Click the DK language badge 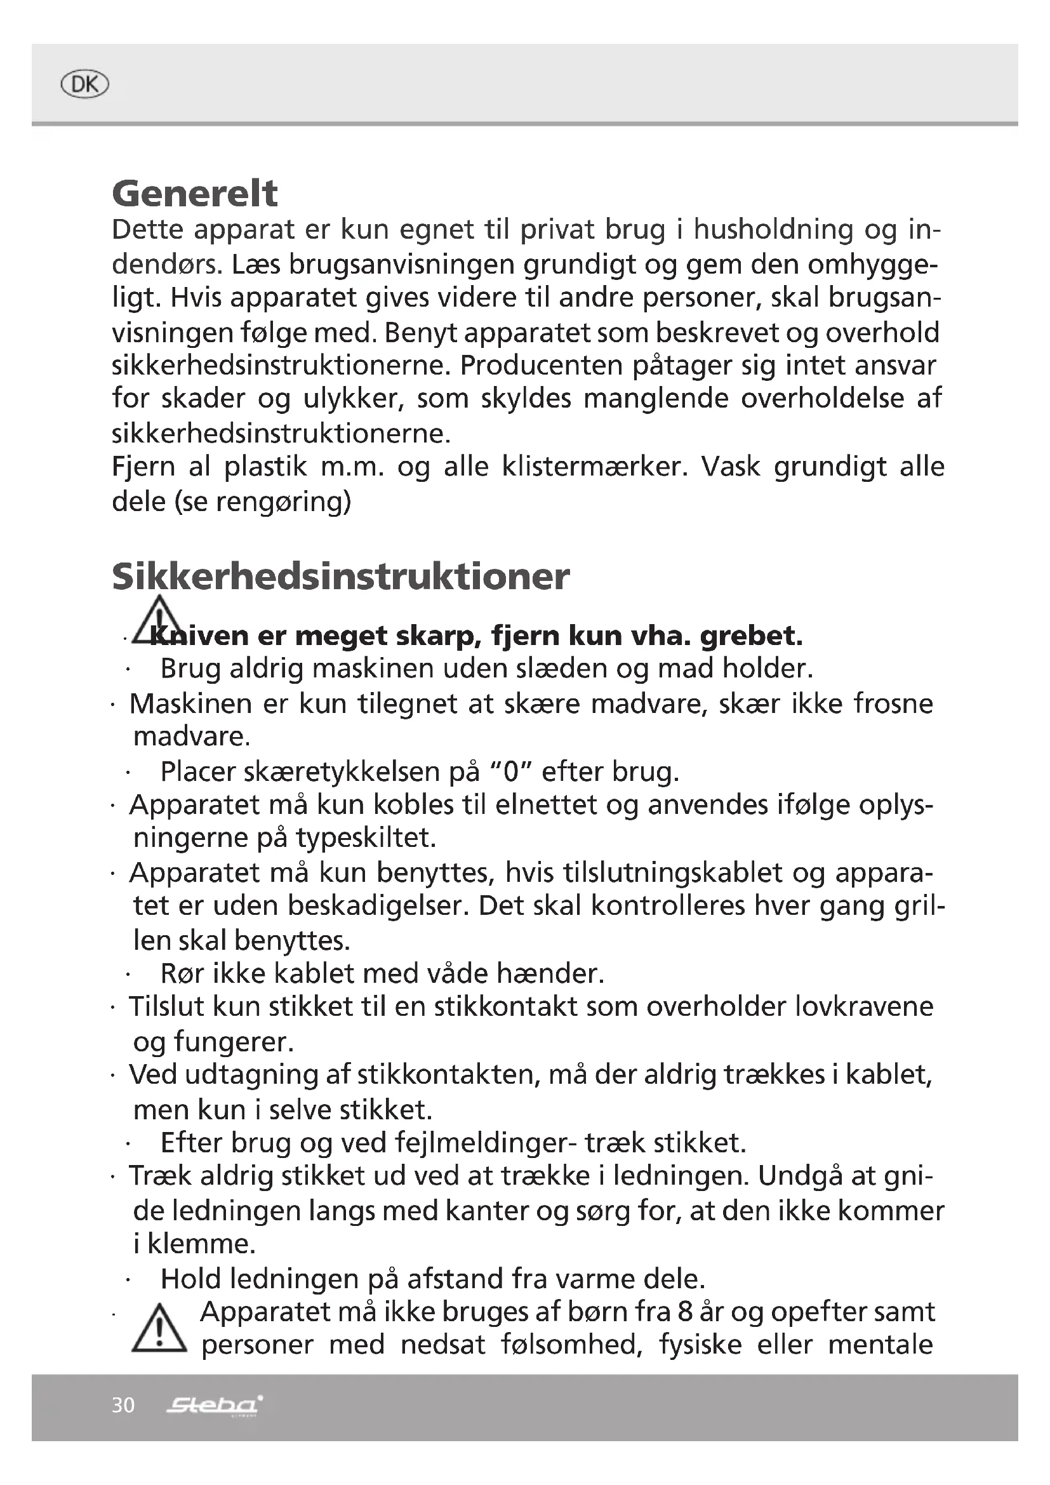point(84,84)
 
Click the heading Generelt point(195,194)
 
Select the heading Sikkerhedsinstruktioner point(341,576)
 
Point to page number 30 point(123,1405)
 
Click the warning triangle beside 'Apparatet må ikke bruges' point(159,1328)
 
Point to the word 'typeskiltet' point(365,838)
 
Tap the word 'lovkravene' point(864,1007)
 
